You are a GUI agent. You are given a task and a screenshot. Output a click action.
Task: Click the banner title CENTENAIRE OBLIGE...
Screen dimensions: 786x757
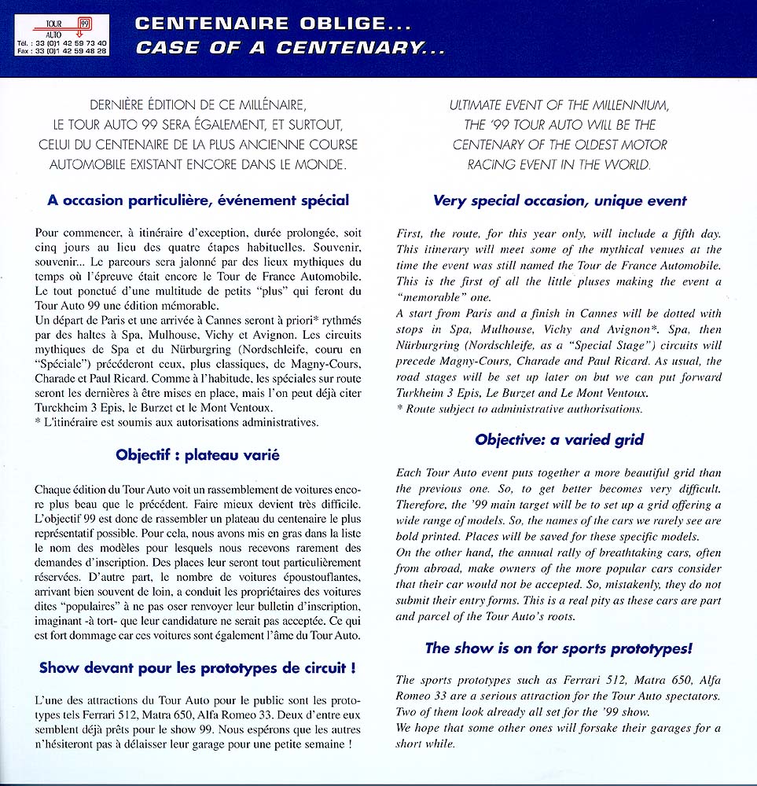click(x=259, y=24)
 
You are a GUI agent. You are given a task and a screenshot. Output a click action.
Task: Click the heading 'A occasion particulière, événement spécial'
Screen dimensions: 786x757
click(x=197, y=200)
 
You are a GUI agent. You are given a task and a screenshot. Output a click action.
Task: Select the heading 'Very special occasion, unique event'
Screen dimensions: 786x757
click(x=560, y=201)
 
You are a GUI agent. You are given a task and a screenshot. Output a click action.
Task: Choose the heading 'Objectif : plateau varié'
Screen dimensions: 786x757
click(x=197, y=454)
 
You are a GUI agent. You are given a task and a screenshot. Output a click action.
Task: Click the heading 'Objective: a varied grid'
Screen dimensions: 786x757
click(x=560, y=440)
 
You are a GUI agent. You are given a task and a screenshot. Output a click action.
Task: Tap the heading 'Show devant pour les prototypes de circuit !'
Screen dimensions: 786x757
click(x=197, y=668)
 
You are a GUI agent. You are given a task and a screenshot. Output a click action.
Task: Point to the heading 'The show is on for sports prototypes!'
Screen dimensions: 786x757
click(x=559, y=648)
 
